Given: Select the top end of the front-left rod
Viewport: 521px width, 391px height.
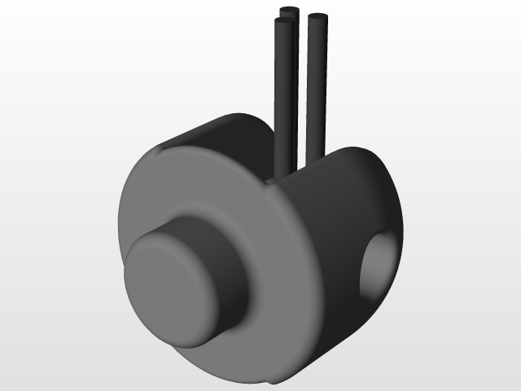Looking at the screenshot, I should (x=284, y=22).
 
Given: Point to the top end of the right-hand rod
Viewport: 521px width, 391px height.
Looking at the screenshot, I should (x=317, y=17).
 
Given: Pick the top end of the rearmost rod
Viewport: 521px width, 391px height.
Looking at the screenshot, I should (x=288, y=11).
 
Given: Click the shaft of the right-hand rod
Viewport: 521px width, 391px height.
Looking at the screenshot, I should (x=317, y=90).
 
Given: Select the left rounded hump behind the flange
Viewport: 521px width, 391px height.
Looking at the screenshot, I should (x=228, y=130).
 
